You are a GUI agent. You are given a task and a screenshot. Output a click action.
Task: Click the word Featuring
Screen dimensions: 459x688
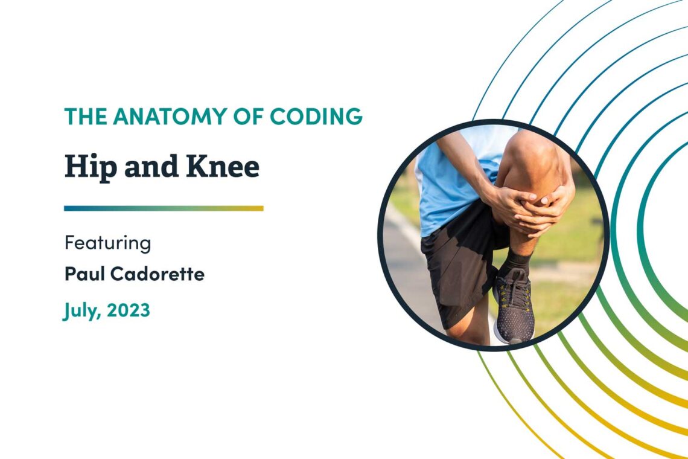tap(107, 244)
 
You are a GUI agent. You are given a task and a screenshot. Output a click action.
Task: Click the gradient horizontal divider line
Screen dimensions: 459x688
tap(164, 208)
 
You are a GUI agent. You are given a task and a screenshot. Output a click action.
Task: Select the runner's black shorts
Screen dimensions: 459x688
tap(456, 266)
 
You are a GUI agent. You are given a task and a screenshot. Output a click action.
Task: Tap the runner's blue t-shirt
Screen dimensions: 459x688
tap(447, 181)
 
